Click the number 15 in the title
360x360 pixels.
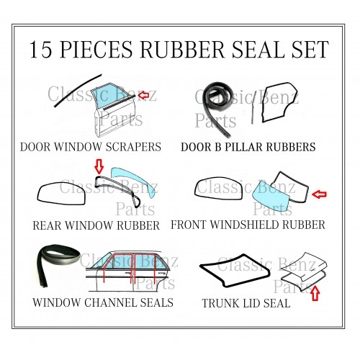(x=40, y=49)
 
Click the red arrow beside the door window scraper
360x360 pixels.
(x=143, y=95)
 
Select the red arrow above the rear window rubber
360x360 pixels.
(x=99, y=166)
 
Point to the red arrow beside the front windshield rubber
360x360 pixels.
(x=319, y=194)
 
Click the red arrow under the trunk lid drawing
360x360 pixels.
(x=315, y=293)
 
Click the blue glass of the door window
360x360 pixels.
(x=109, y=96)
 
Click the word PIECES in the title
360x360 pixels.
(x=96, y=49)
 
